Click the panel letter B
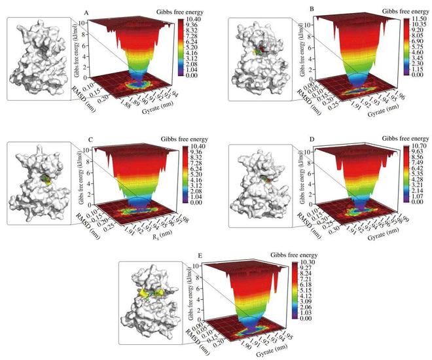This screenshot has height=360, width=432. (x=301, y=9)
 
